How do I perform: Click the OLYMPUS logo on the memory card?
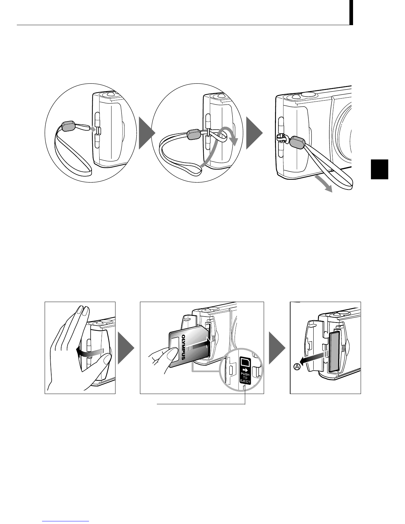(x=184, y=347)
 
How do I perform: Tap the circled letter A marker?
(x=296, y=367)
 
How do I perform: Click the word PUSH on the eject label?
(x=245, y=374)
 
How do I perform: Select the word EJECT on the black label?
(x=245, y=382)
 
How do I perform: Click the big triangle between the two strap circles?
(x=147, y=133)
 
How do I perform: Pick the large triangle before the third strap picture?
(x=254, y=133)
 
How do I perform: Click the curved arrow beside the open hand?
(x=90, y=352)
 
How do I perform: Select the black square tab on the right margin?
(x=380, y=169)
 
